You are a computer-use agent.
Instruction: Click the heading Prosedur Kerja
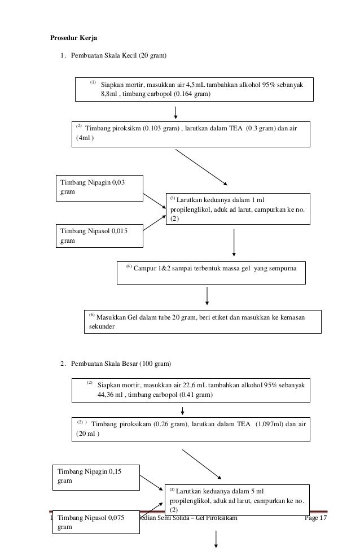coord(73,38)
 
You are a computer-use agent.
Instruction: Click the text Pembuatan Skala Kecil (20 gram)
coord(118,55)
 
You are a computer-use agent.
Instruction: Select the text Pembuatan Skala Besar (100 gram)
coord(121,364)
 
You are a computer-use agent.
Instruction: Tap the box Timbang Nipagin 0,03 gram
coord(99,189)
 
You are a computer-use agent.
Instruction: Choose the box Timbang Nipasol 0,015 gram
coord(99,236)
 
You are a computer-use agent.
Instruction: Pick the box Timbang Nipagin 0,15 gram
coord(96,478)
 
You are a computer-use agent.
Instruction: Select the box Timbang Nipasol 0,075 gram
coord(96,522)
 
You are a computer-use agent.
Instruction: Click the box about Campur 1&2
coord(211,273)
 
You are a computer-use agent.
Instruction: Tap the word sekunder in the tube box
coord(102,326)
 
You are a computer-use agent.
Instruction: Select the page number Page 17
coord(316,518)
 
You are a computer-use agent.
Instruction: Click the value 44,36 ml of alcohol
coord(110,395)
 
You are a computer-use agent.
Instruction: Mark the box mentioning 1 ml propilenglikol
coord(238,209)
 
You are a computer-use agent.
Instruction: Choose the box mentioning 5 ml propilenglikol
coord(237,500)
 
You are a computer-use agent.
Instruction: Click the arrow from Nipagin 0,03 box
coord(155,201)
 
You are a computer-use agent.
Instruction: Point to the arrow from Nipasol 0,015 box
coord(155,223)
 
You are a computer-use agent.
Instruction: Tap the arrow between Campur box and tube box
coord(207,296)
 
